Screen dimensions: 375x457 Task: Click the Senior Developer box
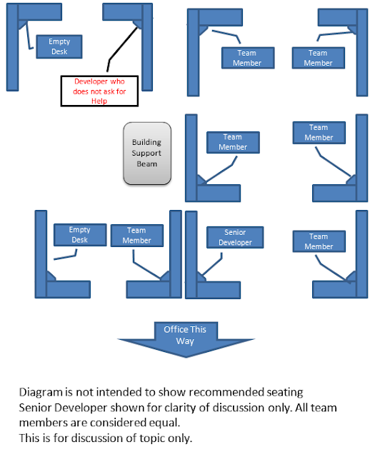click(235, 237)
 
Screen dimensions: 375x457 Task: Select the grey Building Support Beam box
click(147, 154)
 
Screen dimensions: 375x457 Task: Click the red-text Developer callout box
click(99, 91)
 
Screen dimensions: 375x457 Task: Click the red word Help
click(99, 101)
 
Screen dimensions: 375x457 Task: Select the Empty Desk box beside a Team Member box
click(80, 235)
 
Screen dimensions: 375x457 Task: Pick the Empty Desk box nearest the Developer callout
click(59, 46)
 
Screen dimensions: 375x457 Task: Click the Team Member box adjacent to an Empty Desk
click(136, 236)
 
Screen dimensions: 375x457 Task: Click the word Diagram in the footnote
click(41, 393)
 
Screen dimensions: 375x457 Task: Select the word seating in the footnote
click(285, 393)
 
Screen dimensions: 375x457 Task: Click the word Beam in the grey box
click(147, 164)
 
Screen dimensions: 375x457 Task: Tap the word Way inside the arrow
click(185, 341)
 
